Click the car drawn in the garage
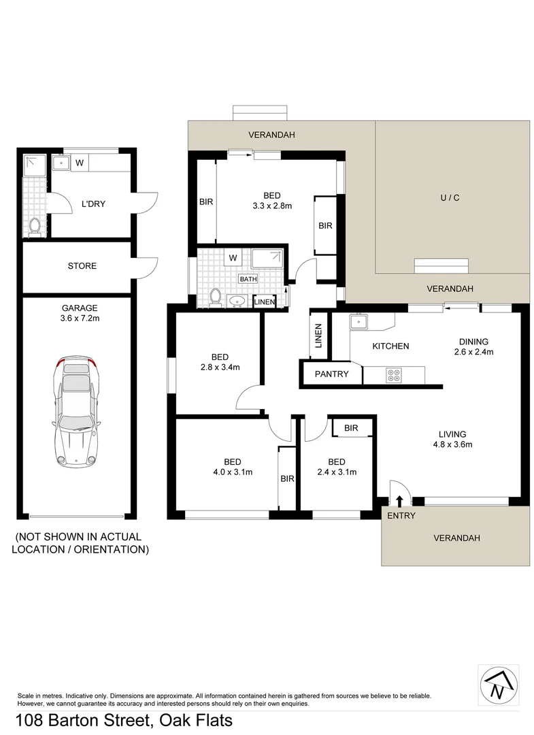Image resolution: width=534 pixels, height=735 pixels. (75, 413)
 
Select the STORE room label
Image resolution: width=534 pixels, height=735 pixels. (82, 266)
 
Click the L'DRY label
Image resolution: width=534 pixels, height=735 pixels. (93, 203)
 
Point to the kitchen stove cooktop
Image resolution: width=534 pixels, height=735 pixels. (394, 373)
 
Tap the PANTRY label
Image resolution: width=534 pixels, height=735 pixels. (331, 374)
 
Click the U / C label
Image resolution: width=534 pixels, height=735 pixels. (450, 198)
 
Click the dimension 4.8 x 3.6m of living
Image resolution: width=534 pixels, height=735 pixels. (452, 445)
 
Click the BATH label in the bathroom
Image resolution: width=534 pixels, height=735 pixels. (248, 278)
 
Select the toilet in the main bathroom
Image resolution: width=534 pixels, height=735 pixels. (216, 297)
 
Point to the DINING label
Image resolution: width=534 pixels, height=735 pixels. (473, 342)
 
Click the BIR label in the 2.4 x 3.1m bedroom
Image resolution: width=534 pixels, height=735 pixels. (351, 428)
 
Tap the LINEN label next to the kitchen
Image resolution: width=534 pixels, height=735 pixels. (318, 336)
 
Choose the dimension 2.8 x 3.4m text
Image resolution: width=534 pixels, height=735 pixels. (220, 367)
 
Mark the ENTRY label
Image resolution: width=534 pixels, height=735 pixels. (401, 516)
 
